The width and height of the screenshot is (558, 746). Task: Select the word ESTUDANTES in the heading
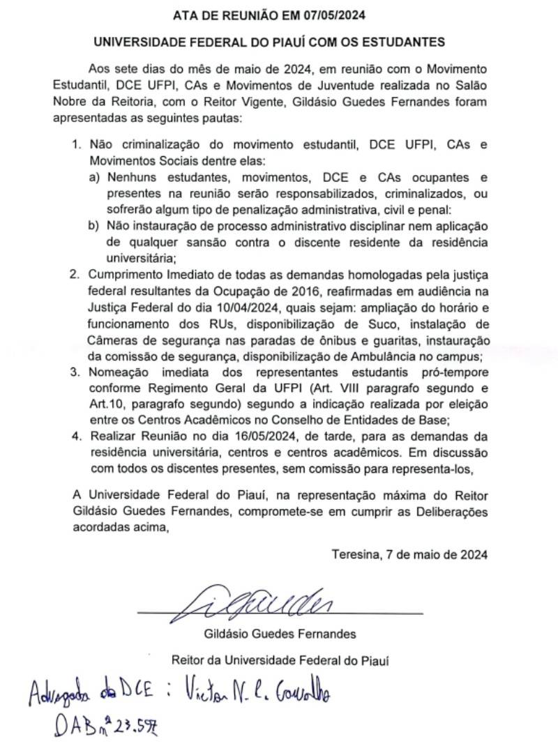point(406,42)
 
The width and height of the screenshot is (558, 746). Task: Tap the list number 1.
point(76,145)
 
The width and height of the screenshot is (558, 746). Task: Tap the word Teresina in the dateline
point(356,555)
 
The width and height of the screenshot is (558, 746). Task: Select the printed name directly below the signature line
point(280,634)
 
